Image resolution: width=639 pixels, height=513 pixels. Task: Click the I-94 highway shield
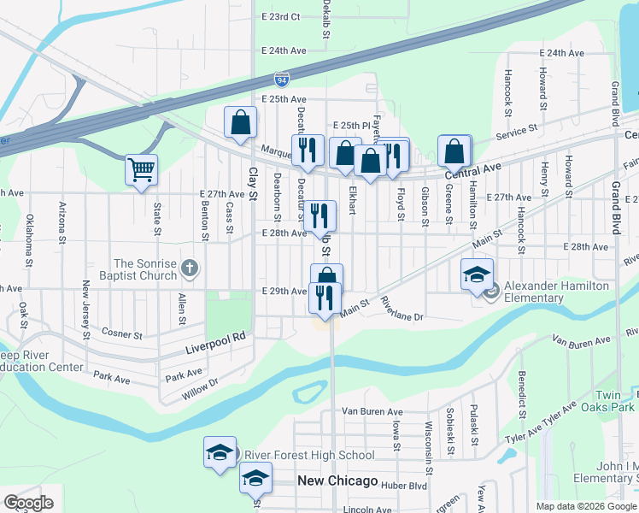[x=281, y=80]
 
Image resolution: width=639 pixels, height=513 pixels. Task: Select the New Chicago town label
[x=337, y=481]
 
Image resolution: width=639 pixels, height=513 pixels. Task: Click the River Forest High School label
[x=309, y=455]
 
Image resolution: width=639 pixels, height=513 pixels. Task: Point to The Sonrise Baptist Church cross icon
[x=190, y=269]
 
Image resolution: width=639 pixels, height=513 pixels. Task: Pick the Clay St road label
[x=252, y=178]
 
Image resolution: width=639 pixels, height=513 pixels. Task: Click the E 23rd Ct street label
[x=283, y=16]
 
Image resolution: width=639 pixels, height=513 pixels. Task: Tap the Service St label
[x=517, y=130]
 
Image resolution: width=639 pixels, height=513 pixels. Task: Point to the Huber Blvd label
[x=405, y=485]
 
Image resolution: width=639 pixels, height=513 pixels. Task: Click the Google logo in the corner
[x=28, y=503]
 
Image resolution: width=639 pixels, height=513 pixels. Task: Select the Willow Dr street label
[x=201, y=392]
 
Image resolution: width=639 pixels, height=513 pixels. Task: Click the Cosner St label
[x=120, y=333]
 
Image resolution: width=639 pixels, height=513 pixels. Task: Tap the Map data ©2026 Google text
[x=586, y=506]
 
